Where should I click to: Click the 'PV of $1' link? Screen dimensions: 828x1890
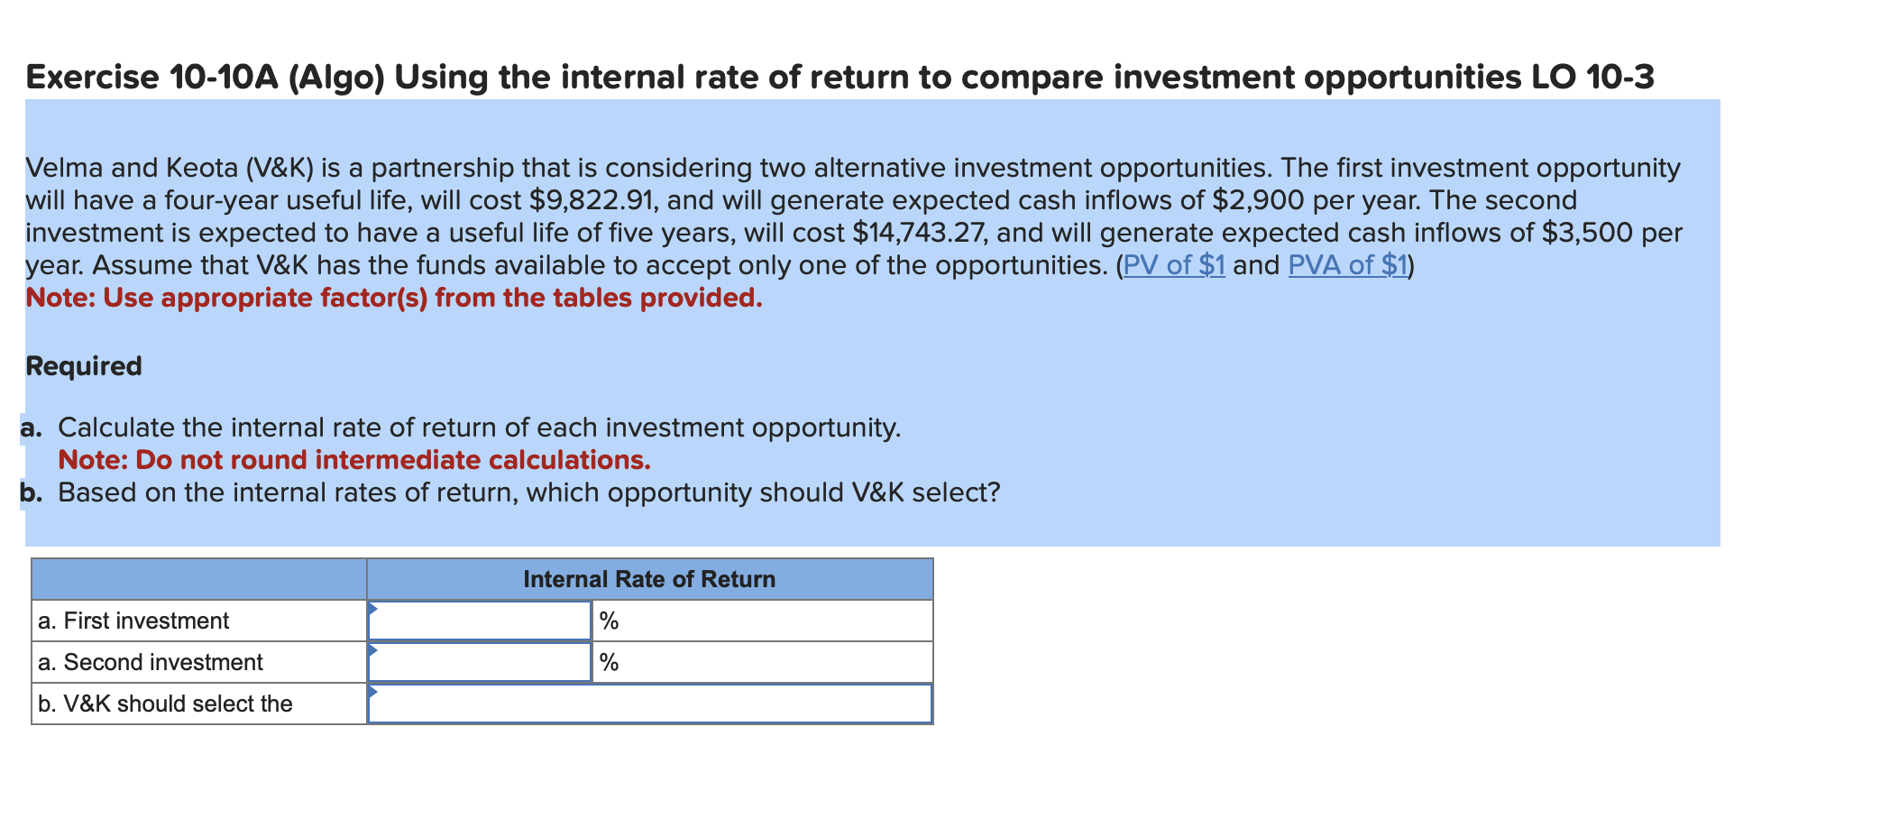coord(1174,265)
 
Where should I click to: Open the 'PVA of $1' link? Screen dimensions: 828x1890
coord(1348,265)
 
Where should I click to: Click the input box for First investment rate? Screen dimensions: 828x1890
coord(480,621)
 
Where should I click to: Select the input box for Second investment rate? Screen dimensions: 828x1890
coord(480,662)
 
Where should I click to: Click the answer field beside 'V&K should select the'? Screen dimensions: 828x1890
coord(649,704)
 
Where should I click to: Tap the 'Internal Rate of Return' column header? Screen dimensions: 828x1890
coord(649,579)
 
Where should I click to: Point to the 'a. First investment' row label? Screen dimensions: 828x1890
coord(133,621)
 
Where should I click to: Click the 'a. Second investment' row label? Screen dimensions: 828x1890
coord(151,662)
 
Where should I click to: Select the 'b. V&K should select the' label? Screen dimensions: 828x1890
coord(165,704)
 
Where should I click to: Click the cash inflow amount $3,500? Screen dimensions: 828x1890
coord(1587,233)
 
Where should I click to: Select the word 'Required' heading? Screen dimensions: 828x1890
coord(84,366)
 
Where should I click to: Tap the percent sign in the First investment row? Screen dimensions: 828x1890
coord(610,621)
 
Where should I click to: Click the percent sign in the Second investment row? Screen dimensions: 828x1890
coord(610,662)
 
